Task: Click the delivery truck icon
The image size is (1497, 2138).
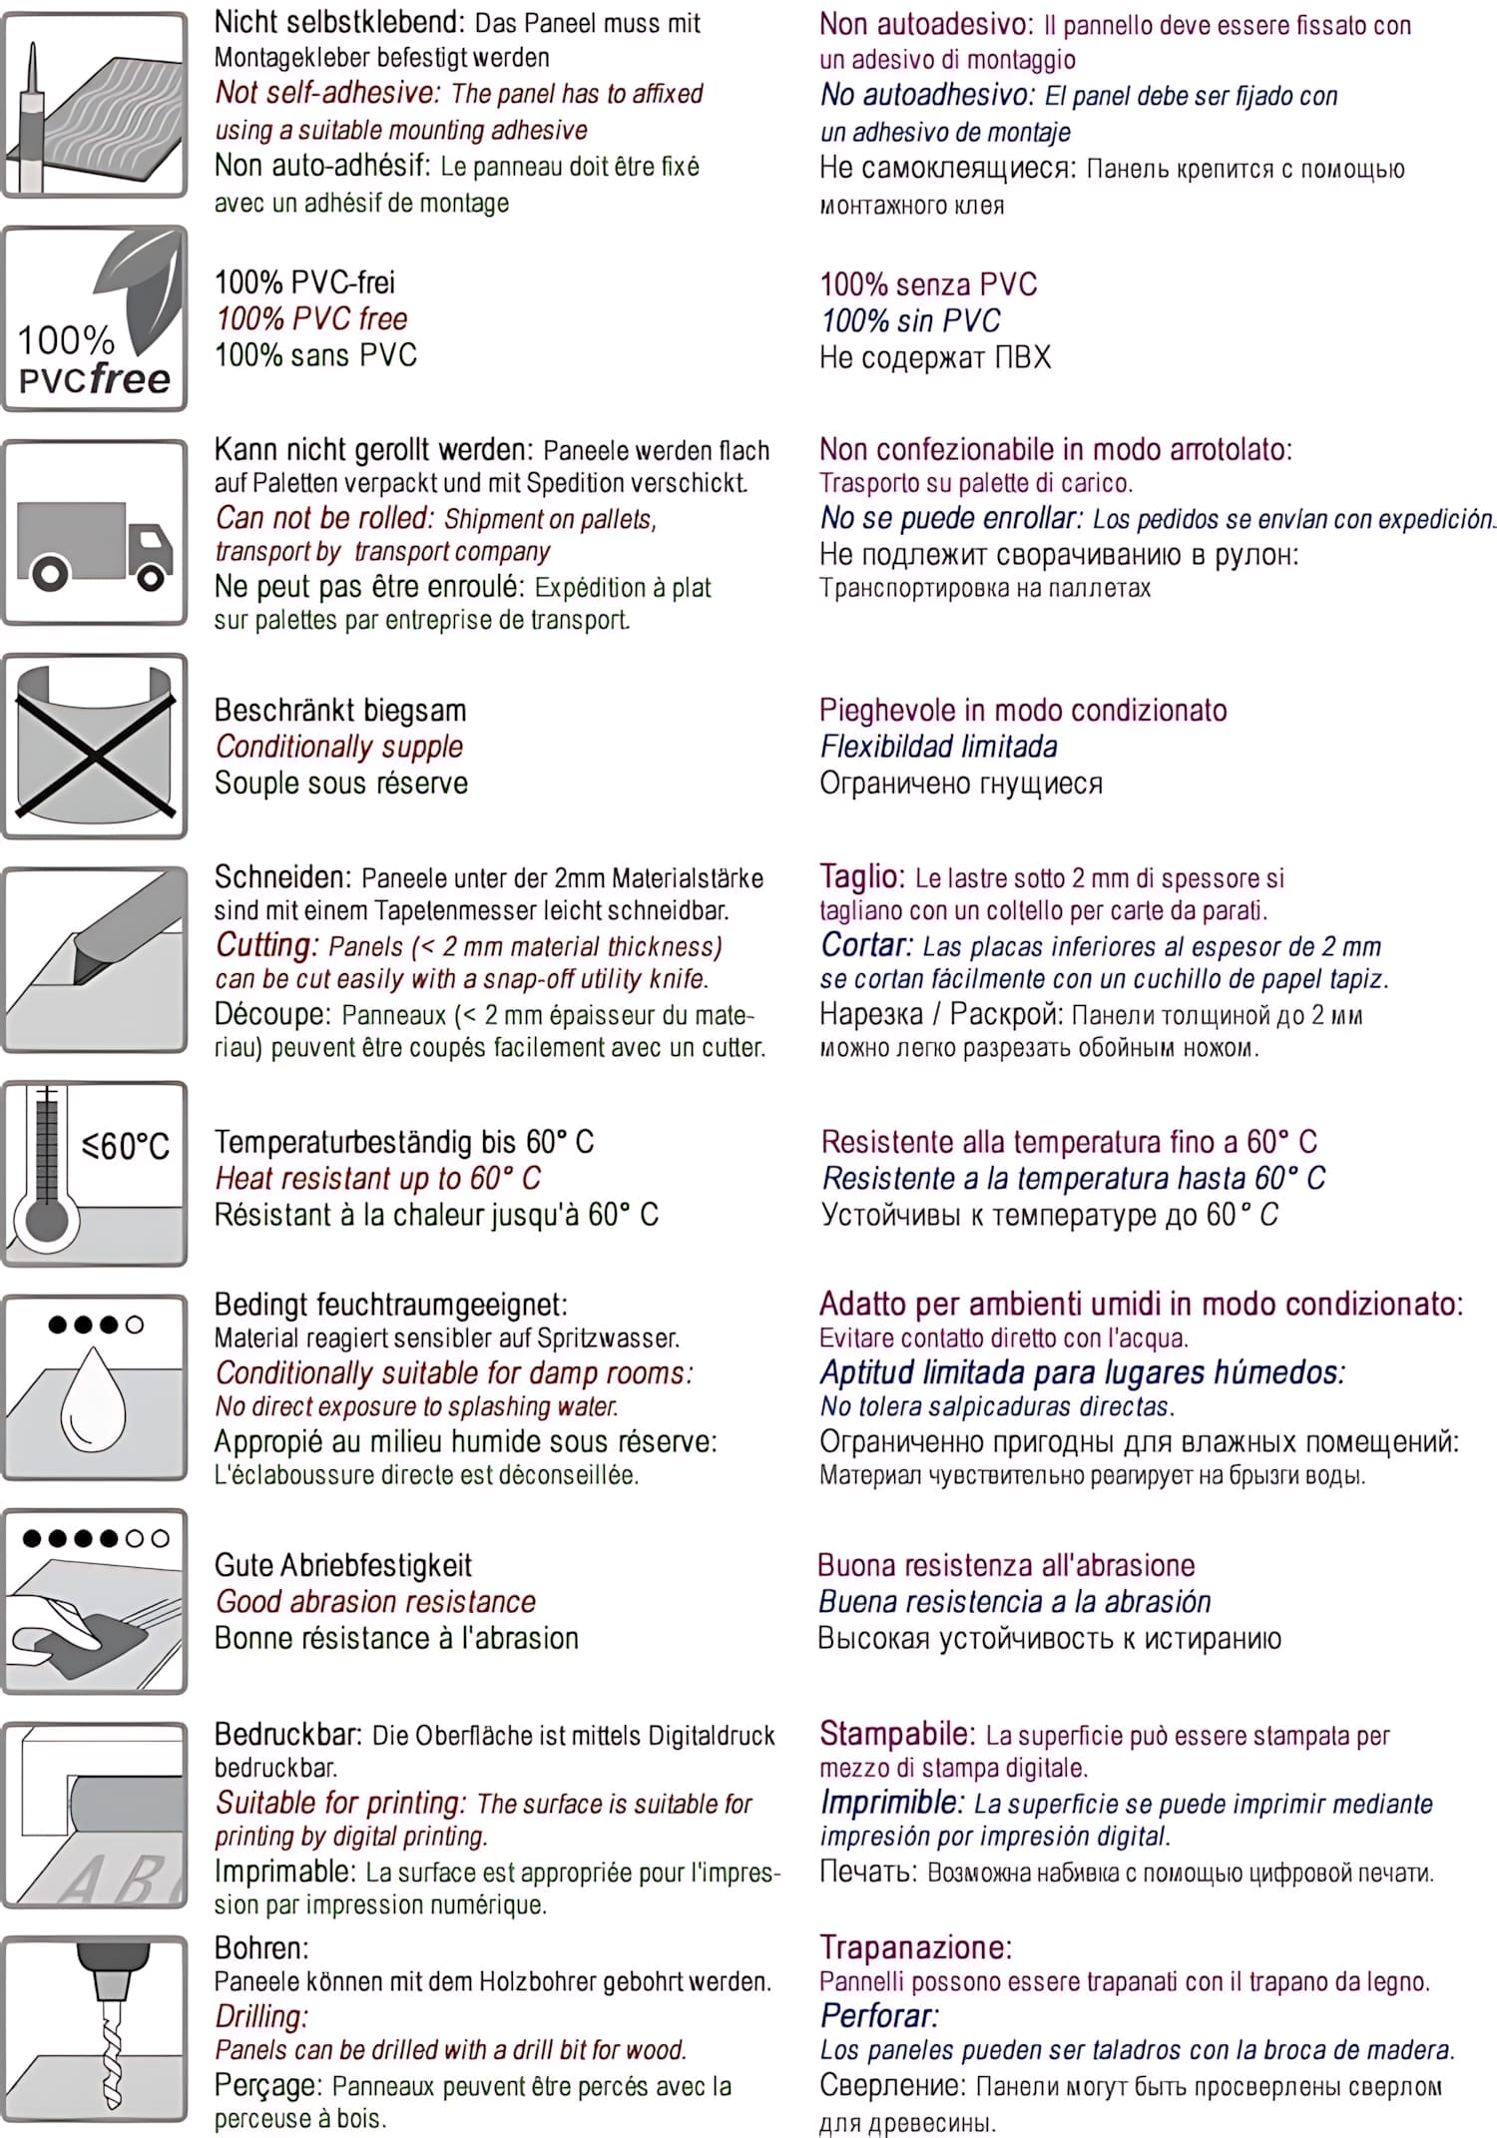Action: click(x=95, y=543)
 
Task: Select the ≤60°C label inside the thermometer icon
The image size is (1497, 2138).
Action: click(x=126, y=1146)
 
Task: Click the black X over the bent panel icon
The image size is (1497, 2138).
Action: click(x=94, y=749)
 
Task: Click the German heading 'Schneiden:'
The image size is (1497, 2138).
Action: click(x=282, y=877)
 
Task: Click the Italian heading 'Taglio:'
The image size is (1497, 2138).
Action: click(x=861, y=876)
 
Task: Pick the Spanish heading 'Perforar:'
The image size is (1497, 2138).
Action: click(x=879, y=2015)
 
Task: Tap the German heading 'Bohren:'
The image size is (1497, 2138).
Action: click(x=261, y=1947)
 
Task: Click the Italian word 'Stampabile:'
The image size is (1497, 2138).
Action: click(x=896, y=1734)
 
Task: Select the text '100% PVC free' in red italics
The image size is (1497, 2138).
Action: click(x=311, y=319)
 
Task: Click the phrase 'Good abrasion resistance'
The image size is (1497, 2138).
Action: click(x=375, y=1602)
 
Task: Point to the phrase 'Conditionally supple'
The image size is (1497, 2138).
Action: click(x=339, y=747)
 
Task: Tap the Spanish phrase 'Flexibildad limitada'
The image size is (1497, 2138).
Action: click(x=938, y=747)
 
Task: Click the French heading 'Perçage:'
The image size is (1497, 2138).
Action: click(x=267, y=2084)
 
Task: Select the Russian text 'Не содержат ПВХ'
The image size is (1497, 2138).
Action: click(x=935, y=357)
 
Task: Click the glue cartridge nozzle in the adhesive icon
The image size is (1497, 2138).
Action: click(x=35, y=75)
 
